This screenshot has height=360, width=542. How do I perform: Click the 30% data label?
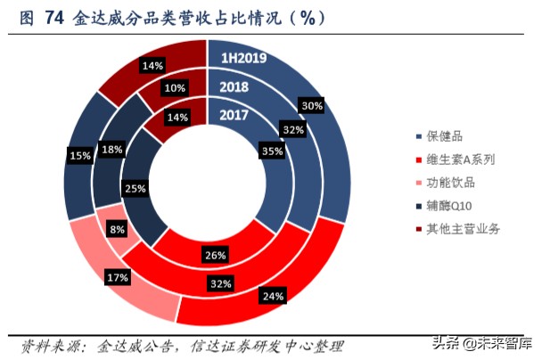tap(312, 106)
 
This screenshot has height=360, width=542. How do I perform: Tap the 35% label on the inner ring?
tap(273, 151)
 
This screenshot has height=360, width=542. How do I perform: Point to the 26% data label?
tap(213, 256)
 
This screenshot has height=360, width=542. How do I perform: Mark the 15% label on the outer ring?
tap(79, 156)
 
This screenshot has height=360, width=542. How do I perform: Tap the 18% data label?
tap(112, 150)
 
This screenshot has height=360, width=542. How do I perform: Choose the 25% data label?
tap(136, 188)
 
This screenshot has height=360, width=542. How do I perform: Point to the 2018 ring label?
tap(234, 87)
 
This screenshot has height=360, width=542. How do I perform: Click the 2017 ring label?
tap(234, 114)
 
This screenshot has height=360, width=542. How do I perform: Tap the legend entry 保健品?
tap(444, 136)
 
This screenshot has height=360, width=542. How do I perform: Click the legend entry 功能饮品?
tap(449, 183)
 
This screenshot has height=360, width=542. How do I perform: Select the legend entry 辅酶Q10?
tap(449, 206)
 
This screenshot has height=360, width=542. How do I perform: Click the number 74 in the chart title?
tap(53, 18)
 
